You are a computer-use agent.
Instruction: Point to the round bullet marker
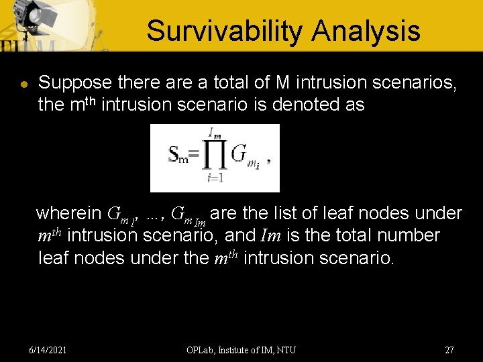(x=22, y=85)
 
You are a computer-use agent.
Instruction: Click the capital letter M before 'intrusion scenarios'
(x=282, y=82)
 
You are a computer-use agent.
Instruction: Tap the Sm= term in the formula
(x=182, y=156)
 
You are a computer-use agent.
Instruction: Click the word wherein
(x=68, y=213)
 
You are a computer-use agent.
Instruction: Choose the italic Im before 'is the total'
(x=268, y=235)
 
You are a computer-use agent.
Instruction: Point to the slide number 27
(x=449, y=350)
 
